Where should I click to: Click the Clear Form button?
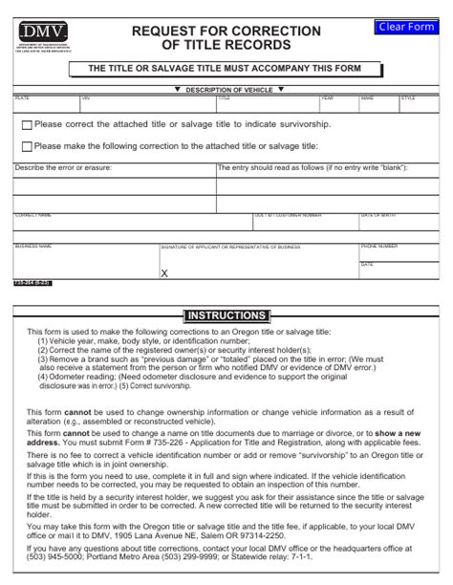click(x=407, y=27)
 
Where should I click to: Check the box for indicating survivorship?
click(x=26, y=125)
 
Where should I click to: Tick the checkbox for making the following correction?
click(x=26, y=146)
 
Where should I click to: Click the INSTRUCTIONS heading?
click(x=226, y=315)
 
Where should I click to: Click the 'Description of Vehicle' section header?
click(x=226, y=89)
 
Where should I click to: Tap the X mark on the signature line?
click(x=163, y=272)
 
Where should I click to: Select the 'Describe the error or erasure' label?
click(x=63, y=167)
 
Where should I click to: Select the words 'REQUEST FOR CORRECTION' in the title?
click(x=226, y=31)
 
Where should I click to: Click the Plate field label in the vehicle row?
click(x=21, y=97)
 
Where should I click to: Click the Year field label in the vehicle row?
click(x=327, y=97)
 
